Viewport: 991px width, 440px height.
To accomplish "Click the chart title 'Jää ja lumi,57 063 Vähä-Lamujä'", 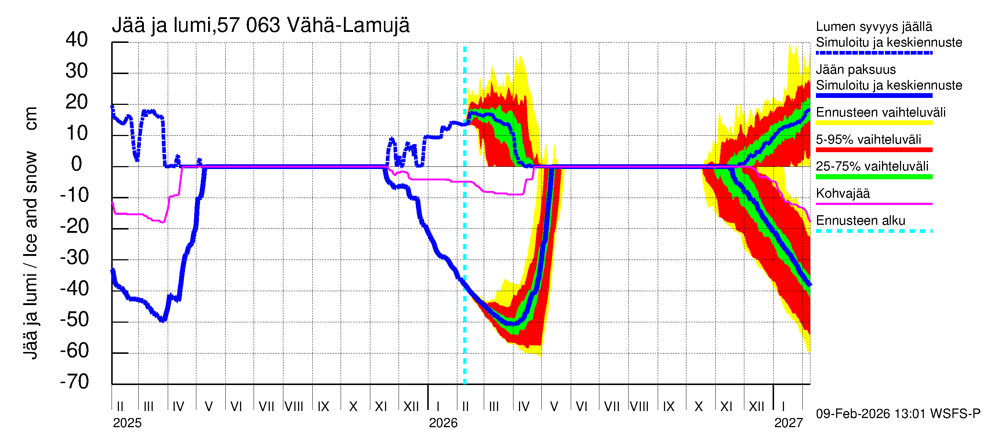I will (261, 25).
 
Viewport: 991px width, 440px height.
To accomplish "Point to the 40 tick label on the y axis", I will (77, 40).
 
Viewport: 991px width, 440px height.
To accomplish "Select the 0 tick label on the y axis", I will (77, 164).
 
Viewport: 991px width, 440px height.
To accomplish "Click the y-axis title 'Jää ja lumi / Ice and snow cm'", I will (30, 233).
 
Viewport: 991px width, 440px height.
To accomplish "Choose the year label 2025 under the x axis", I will (127, 423).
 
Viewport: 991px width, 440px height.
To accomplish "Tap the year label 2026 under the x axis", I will (443, 423).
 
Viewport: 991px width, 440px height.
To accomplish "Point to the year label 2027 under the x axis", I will (788, 423).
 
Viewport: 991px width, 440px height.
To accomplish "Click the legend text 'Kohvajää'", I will (842, 193).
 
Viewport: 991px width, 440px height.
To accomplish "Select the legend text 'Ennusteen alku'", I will (860, 221).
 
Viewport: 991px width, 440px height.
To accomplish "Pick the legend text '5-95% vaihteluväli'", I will (868, 139).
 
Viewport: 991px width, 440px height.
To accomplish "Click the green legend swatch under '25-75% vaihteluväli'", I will (874, 177).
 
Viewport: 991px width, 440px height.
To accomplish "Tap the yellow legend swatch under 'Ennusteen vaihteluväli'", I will (874, 123).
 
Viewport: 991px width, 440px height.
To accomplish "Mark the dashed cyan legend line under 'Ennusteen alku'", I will (874, 231).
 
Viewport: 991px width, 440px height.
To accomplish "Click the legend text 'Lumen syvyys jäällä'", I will (874, 26).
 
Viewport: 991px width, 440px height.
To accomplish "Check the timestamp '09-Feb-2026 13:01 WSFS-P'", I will (898, 414).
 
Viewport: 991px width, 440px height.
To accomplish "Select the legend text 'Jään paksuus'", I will (856, 70).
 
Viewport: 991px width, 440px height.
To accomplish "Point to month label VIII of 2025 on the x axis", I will (294, 406).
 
